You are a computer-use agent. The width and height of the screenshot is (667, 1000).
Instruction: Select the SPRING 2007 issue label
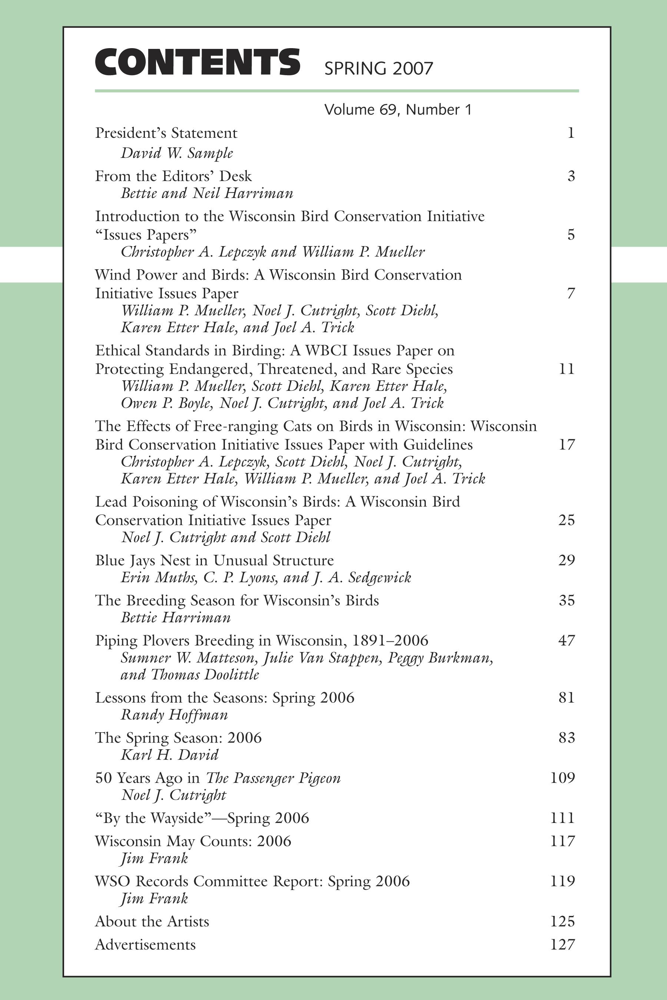[x=378, y=69]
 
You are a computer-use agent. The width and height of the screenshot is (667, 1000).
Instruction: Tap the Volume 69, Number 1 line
[x=398, y=110]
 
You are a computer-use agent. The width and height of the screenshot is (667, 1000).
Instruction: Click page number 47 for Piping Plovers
[x=566, y=640]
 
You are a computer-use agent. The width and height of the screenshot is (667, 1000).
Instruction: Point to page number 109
[x=563, y=778]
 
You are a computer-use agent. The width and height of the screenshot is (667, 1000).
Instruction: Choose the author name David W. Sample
[x=177, y=153]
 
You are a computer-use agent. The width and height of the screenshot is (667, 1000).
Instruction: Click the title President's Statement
[x=166, y=133]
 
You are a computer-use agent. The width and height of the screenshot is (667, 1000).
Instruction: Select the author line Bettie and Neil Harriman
[x=207, y=193]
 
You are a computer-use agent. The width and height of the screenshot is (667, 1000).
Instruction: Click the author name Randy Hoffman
[x=175, y=715]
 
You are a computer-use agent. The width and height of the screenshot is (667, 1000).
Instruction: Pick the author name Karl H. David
[x=169, y=755]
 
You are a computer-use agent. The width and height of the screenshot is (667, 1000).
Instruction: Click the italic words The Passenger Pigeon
[x=273, y=778]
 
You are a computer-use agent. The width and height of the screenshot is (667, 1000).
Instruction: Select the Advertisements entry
[x=145, y=945]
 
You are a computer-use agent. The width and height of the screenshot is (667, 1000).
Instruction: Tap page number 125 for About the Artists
[x=563, y=921]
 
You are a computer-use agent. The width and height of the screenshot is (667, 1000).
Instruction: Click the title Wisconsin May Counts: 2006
[x=193, y=841]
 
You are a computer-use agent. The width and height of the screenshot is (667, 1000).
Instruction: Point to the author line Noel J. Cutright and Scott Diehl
[x=225, y=537]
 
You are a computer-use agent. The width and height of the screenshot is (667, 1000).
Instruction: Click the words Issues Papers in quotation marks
[x=146, y=235]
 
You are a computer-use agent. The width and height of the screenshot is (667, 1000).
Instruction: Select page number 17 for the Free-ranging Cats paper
[x=566, y=444]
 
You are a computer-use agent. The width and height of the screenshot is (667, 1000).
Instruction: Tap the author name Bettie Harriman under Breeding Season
[x=175, y=618]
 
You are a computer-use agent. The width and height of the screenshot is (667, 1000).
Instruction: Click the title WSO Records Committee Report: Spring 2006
[x=252, y=881]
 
